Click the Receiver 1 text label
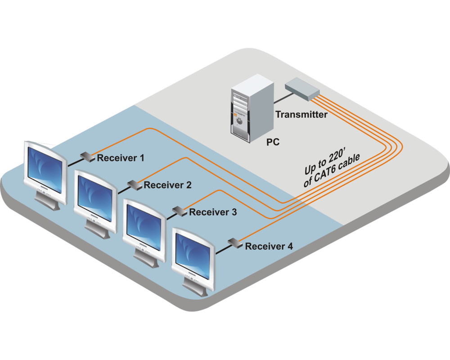pos(121,158)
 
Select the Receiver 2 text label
pos(168,185)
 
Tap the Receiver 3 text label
pos(213,212)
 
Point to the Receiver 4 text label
pos(269,246)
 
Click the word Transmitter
pos(301,115)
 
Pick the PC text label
pos(273,143)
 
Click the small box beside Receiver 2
pos(133,184)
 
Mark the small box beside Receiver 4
pos(234,243)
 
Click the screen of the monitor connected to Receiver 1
pos(45,169)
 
